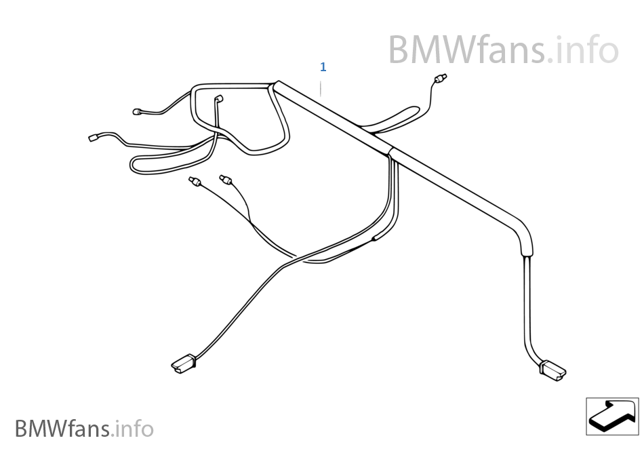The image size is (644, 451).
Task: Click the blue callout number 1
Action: [x=323, y=67]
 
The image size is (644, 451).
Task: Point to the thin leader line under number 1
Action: [x=323, y=86]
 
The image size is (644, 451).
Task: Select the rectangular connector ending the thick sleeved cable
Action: [x=552, y=370]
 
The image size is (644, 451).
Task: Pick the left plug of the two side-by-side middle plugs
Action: [x=194, y=181]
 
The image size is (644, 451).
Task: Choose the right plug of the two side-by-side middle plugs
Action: [x=225, y=179]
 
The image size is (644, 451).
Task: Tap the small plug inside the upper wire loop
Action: [x=218, y=100]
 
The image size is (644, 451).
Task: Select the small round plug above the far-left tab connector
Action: [x=138, y=112]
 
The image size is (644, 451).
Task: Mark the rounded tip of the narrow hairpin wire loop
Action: [x=134, y=165]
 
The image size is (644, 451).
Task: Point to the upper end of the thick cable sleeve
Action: [x=277, y=85]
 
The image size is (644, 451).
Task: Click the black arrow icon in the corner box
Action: [x=612, y=415]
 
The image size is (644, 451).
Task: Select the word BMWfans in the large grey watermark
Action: [x=466, y=50]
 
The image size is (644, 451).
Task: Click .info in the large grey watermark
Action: [x=583, y=50]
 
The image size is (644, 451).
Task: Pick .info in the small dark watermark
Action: [x=134, y=429]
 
